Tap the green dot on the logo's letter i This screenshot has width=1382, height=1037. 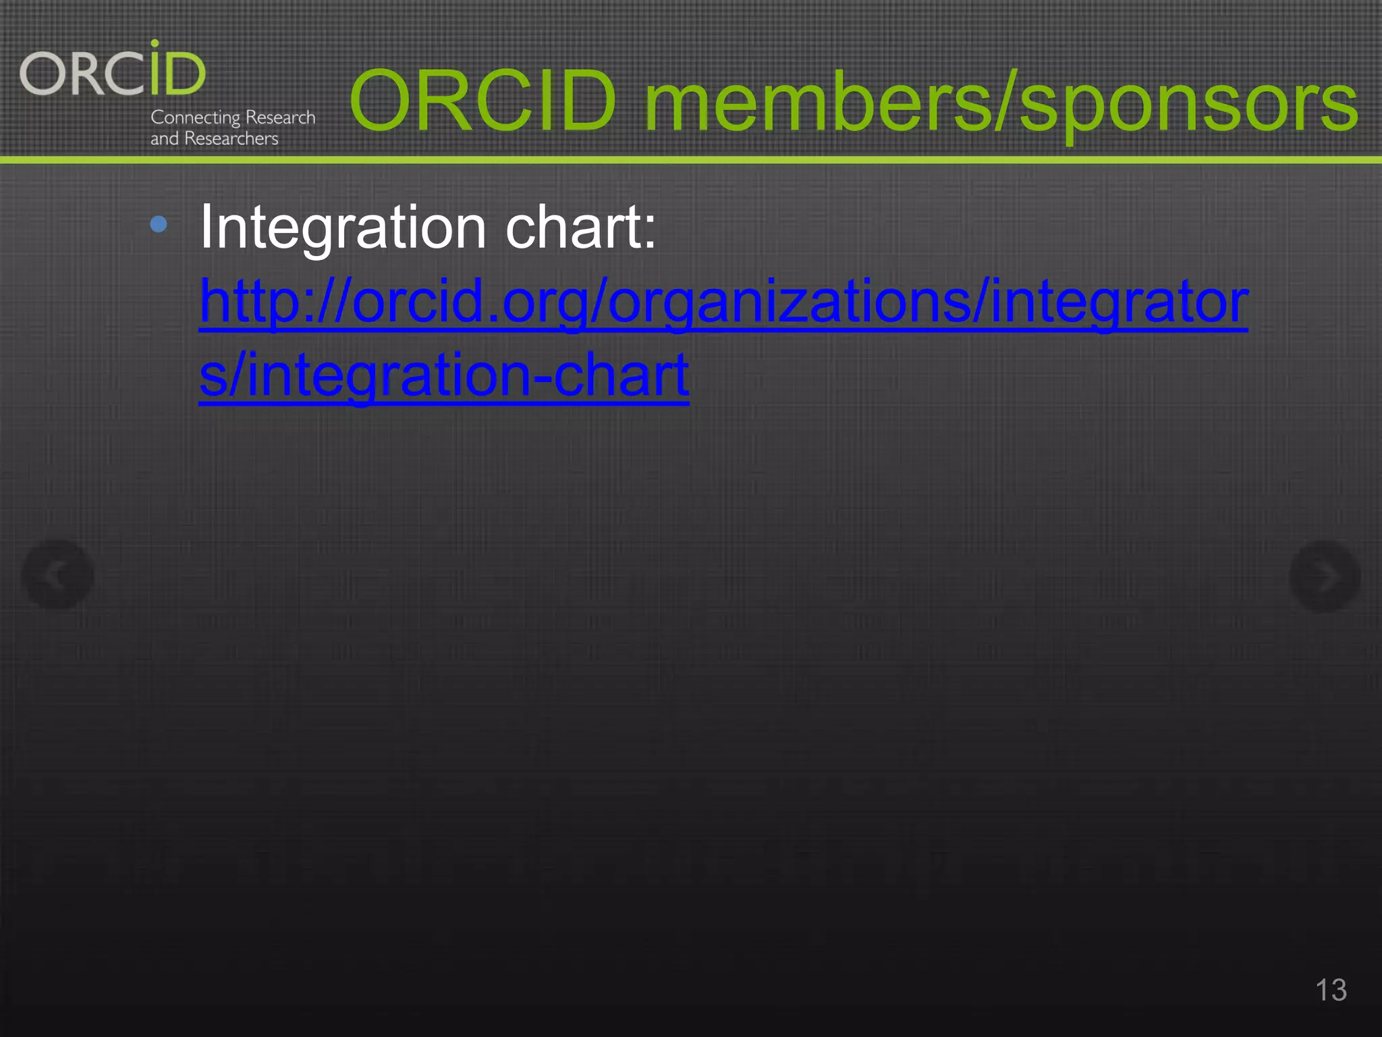click(x=155, y=43)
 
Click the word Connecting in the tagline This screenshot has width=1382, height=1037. click(x=195, y=117)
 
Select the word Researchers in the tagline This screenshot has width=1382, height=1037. click(x=231, y=138)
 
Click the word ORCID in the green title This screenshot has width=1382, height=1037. click(x=483, y=101)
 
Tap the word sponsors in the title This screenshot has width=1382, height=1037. click(x=1188, y=105)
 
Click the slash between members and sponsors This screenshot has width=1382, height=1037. click(x=1005, y=101)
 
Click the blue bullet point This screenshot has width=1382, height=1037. click(x=159, y=224)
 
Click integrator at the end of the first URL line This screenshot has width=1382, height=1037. click(x=1120, y=301)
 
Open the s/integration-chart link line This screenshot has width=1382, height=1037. click(x=444, y=375)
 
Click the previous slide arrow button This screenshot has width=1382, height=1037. click(x=57, y=575)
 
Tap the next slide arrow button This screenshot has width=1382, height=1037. click(x=1325, y=576)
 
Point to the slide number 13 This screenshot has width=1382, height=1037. click(x=1331, y=990)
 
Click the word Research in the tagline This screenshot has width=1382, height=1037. click(x=280, y=117)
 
